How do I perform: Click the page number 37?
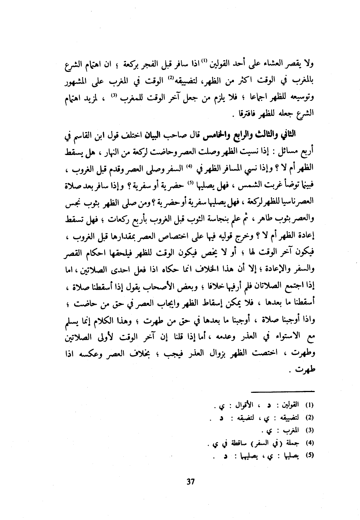pyautogui.click(x=190, y=482)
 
